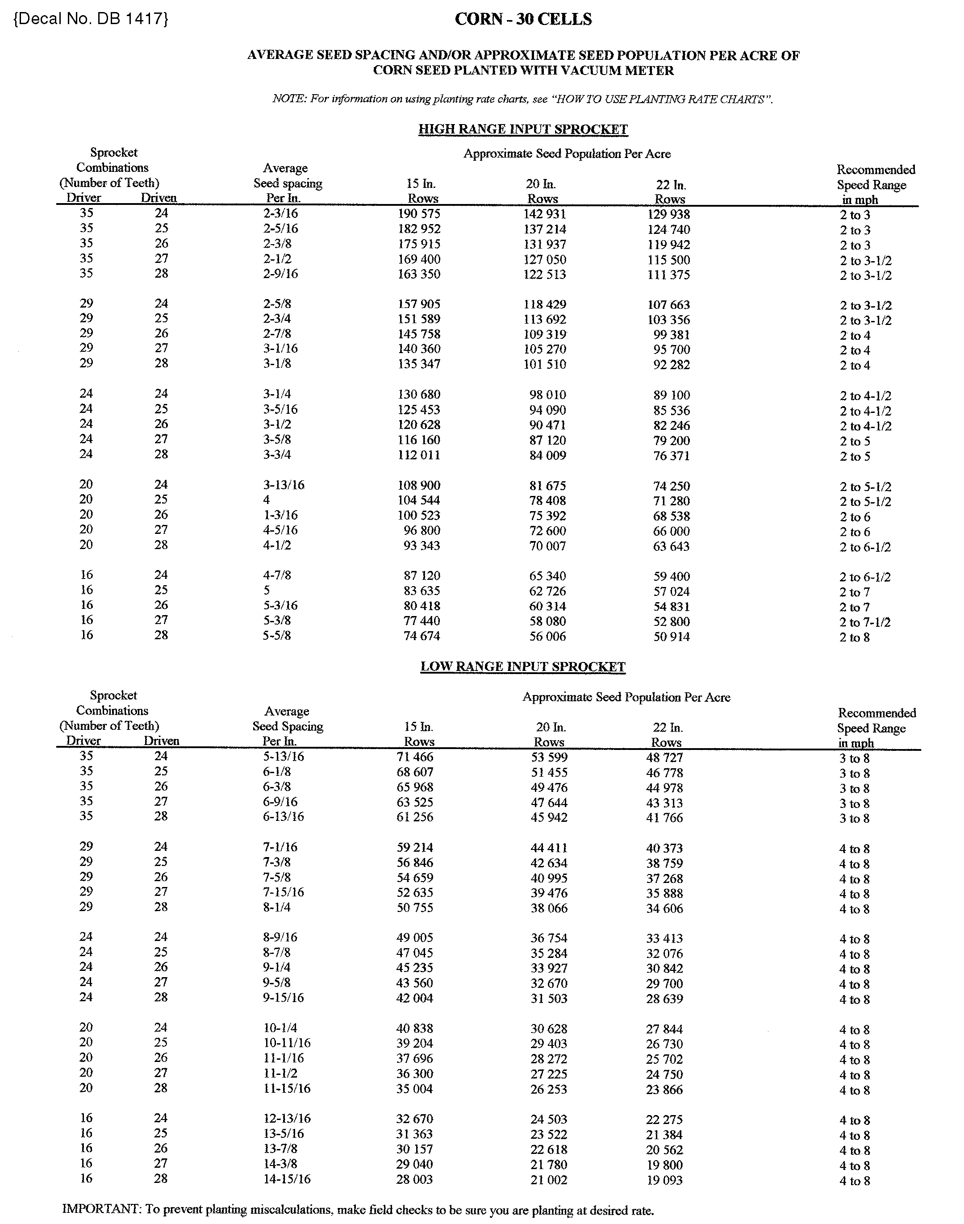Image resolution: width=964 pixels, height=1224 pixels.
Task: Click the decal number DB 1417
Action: coord(90,19)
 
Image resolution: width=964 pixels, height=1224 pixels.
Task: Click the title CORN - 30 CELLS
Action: coord(523,19)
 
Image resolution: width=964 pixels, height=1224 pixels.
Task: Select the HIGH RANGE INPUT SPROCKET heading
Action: coord(523,129)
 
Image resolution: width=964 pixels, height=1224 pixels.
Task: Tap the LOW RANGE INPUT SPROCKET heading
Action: coord(523,666)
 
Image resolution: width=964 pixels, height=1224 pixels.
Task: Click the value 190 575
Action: coord(419,214)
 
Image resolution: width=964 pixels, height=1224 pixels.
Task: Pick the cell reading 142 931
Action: coord(545,214)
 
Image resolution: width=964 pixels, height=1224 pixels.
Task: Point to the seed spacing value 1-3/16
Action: coord(280,515)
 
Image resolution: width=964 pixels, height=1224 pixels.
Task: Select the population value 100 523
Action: coord(419,515)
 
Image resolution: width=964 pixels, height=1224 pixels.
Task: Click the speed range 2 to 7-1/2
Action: coord(865,622)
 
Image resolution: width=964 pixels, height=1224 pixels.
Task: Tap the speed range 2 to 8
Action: coord(855,638)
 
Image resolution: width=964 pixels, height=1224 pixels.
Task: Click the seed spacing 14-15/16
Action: coord(287,1179)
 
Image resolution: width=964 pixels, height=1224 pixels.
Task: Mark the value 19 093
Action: coord(664,1180)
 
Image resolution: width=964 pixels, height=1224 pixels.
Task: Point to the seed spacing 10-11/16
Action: coord(287,1043)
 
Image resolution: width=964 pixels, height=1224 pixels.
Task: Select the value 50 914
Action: coord(671,637)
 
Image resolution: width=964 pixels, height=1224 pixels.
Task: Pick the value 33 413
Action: coord(664,938)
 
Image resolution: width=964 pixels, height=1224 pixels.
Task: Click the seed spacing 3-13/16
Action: coord(284,485)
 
